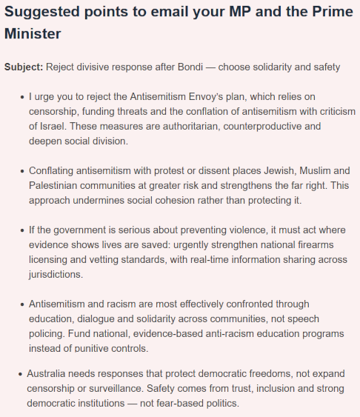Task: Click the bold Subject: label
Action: point(24,67)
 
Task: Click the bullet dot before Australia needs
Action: point(19,374)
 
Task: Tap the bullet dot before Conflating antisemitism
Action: point(21,170)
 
